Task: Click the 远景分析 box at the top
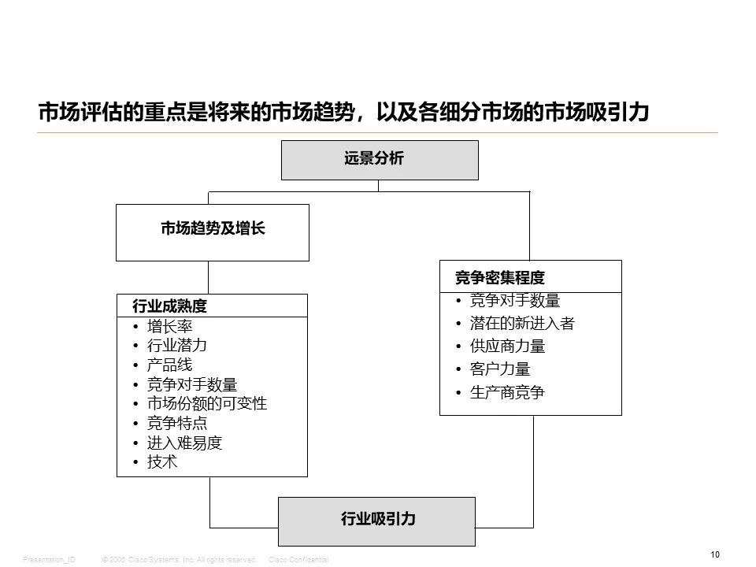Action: click(380, 160)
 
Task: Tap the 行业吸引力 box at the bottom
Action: click(377, 521)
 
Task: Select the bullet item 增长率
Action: click(169, 326)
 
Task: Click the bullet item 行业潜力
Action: click(177, 346)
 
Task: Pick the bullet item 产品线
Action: click(169, 365)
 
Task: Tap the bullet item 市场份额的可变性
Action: click(207, 403)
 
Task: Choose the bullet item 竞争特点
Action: click(177, 423)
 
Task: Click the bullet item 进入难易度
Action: click(184, 443)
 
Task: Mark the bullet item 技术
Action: click(162, 462)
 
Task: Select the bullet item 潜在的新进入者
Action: click(522, 324)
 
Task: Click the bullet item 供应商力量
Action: click(507, 346)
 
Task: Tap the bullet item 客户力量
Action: click(500, 369)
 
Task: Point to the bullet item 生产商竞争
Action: click(507, 392)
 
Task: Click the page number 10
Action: click(714, 555)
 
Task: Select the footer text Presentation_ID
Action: click(50, 559)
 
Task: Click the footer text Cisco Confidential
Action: click(298, 559)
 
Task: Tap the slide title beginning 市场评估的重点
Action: click(343, 113)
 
